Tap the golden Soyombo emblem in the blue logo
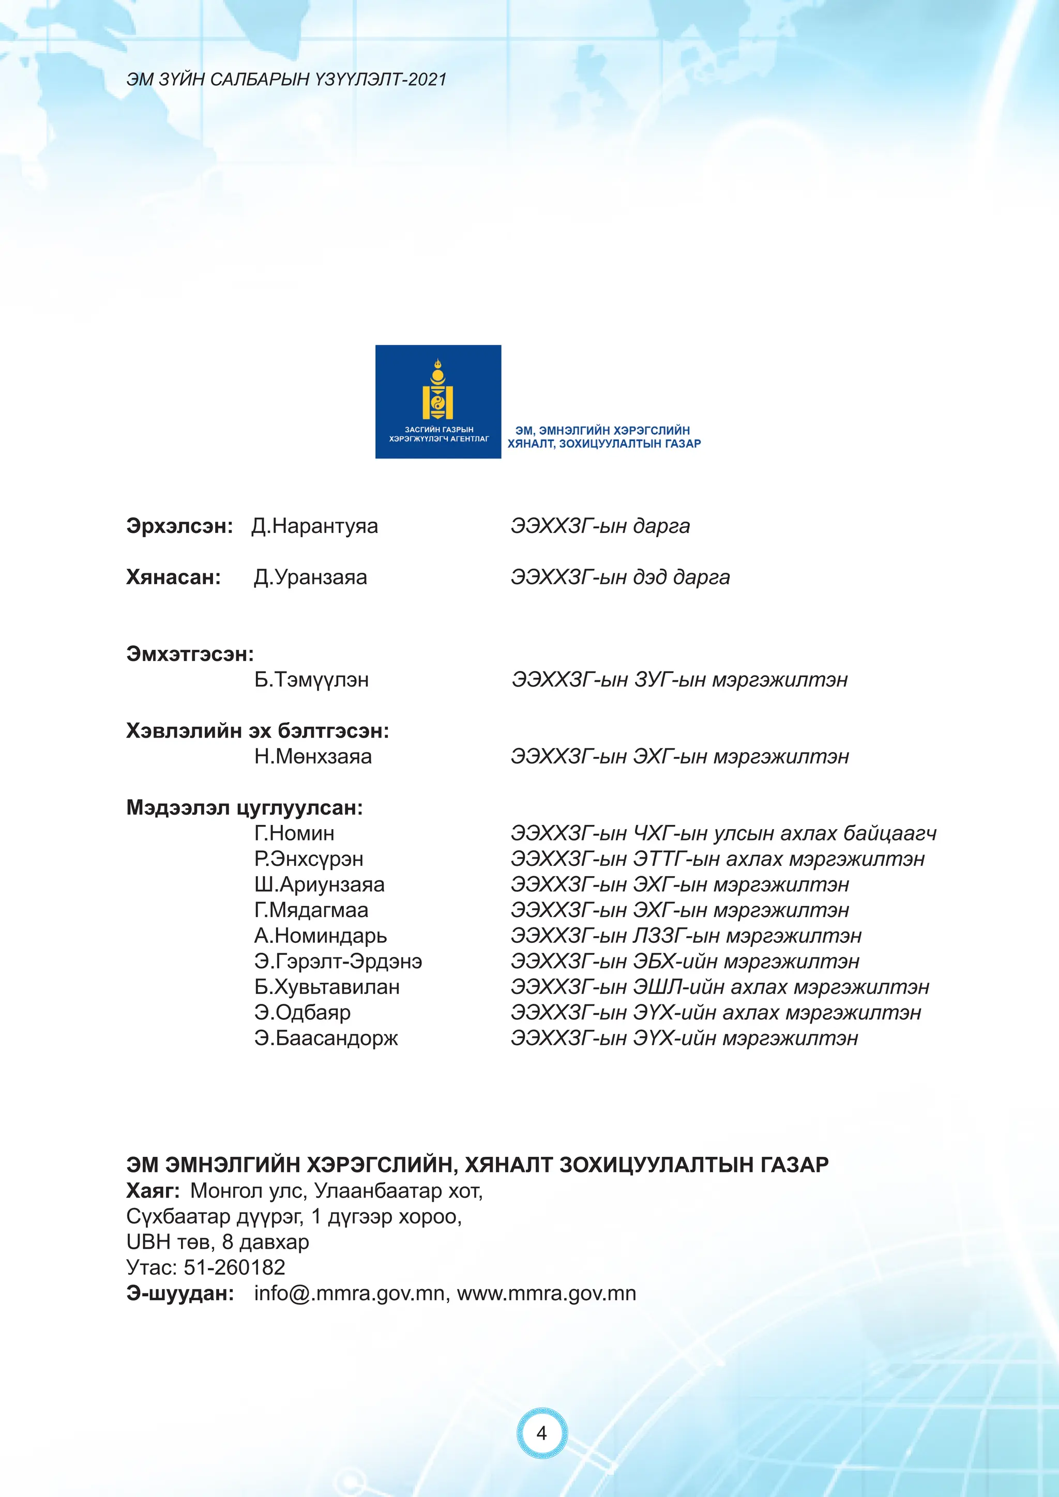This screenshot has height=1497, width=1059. (438, 389)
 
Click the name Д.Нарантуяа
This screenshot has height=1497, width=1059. (314, 526)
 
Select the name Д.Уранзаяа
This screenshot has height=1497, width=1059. (310, 577)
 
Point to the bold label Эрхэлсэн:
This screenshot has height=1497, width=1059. (179, 526)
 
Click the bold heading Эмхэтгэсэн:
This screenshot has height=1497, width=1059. (190, 653)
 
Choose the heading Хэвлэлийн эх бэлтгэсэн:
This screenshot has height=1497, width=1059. (258, 730)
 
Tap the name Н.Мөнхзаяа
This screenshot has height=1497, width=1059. (313, 756)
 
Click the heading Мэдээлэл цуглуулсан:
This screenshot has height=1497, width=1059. (245, 807)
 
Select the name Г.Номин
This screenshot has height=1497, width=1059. (294, 833)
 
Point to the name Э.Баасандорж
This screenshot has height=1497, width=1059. (326, 1037)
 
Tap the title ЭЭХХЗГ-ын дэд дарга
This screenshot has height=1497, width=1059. (620, 577)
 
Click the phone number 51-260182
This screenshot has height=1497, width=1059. (235, 1267)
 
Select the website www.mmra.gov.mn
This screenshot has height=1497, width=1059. (547, 1293)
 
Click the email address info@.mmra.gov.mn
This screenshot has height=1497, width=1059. (349, 1293)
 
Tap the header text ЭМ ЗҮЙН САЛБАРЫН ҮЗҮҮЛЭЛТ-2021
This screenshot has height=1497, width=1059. (286, 80)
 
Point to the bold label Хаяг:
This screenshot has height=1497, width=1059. (153, 1190)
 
